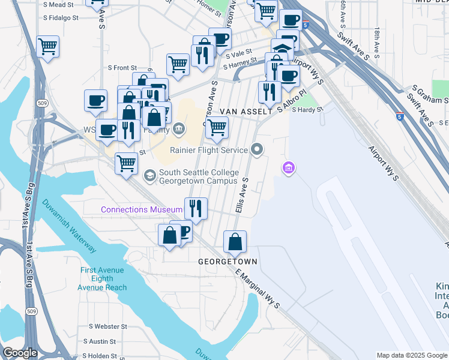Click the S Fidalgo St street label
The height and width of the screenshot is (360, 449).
(61, 18)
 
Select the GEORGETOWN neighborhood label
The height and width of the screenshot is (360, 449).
(228, 262)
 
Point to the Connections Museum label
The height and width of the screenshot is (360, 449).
(141, 210)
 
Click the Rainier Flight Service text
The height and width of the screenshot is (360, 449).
(209, 150)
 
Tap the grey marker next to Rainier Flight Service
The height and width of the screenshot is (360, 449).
(258, 149)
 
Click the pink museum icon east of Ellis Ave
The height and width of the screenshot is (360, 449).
(289, 168)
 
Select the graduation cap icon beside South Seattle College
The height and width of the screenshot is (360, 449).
(150, 176)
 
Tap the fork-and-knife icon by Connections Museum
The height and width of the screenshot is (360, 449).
(196, 209)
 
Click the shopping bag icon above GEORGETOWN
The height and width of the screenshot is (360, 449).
(235, 242)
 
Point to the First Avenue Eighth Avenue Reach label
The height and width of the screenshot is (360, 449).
(102, 279)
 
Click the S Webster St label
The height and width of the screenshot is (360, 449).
(108, 327)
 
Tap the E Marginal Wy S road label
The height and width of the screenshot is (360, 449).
(259, 289)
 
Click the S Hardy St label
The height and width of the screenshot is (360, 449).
(307, 110)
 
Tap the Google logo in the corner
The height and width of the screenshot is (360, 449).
(20, 353)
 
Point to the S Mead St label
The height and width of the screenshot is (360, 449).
(59, 4)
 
